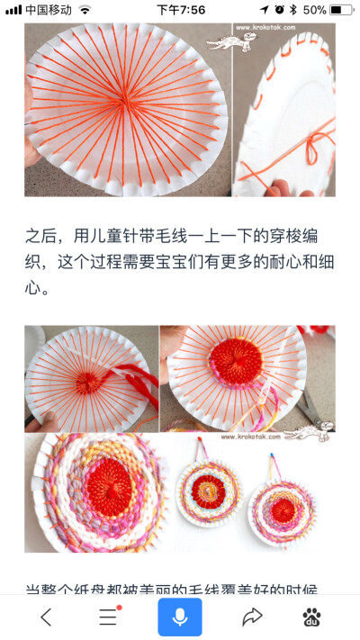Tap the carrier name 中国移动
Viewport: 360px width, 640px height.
click(x=49, y=10)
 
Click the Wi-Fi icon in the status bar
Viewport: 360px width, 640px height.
click(x=85, y=10)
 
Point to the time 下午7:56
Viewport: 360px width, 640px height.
click(x=180, y=10)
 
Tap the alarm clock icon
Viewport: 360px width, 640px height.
click(x=279, y=10)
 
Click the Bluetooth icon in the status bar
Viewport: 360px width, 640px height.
click(x=292, y=10)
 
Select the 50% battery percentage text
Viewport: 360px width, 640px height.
click(x=314, y=10)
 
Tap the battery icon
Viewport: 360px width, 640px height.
click(x=342, y=10)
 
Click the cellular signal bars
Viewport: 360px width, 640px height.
click(x=13, y=10)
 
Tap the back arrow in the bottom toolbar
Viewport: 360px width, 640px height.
click(x=46, y=617)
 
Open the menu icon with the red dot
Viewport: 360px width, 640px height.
click(x=109, y=617)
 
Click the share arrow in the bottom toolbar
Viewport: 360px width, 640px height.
click(x=252, y=617)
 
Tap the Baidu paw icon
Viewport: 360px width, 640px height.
click(x=312, y=617)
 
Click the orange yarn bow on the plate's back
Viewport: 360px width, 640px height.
click(x=311, y=143)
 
